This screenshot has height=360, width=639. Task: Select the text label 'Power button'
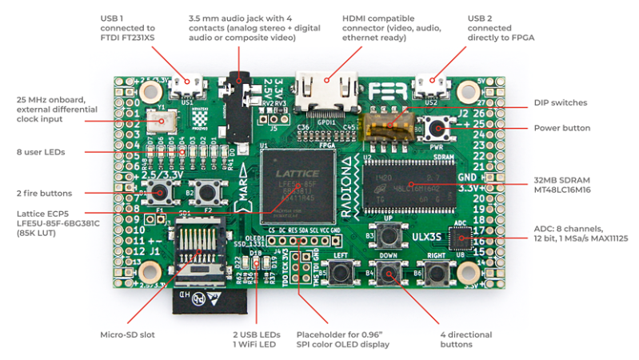point(561,128)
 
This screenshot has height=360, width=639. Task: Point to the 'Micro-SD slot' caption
point(125,334)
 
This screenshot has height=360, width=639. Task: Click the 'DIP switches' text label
point(561,102)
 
